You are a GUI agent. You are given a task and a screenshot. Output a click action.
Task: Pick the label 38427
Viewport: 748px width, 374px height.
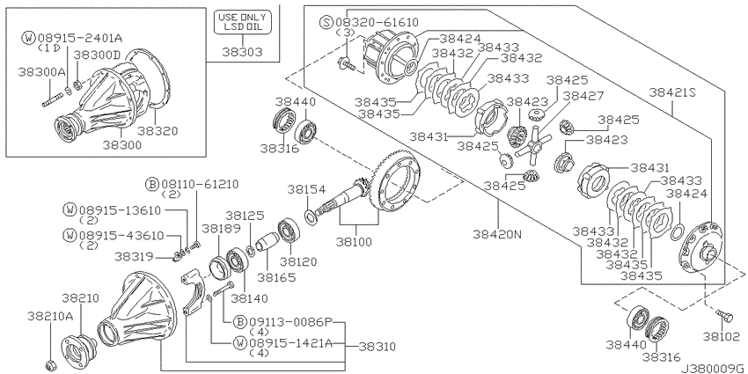pos(583,95)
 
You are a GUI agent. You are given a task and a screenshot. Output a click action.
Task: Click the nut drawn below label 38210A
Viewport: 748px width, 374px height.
pos(49,363)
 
